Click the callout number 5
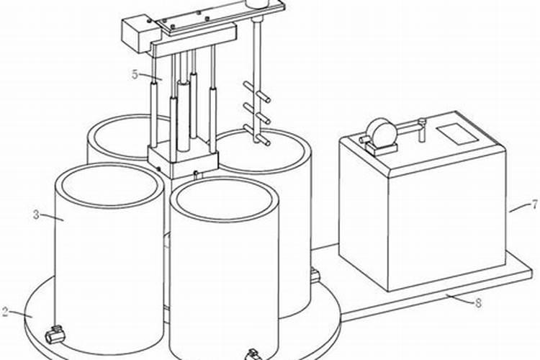click(x=135, y=74)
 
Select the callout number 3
click(x=37, y=215)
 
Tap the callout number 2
click(x=5, y=311)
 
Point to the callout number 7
click(x=534, y=205)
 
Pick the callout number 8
click(x=478, y=303)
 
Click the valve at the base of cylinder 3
click(x=55, y=334)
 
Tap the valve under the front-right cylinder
click(x=253, y=354)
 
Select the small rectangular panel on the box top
click(x=457, y=133)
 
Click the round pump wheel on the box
click(x=380, y=132)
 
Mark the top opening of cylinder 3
click(x=109, y=186)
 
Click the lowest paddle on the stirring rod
click(x=257, y=135)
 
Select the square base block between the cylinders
click(x=183, y=160)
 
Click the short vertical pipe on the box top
click(x=422, y=130)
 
